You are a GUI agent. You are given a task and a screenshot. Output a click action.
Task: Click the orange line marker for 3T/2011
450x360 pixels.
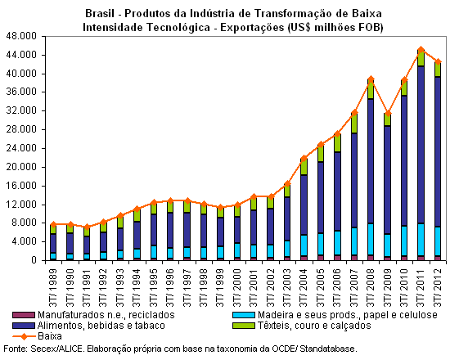421,50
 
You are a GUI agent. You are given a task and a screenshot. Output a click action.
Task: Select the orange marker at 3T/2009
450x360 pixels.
388,113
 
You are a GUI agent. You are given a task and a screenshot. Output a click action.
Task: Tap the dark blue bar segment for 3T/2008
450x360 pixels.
371,161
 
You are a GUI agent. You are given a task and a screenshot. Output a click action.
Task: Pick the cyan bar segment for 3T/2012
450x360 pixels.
438,241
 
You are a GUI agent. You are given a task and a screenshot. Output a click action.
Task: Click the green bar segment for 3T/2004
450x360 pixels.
304,167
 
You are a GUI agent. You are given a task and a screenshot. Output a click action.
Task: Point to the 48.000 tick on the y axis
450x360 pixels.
21,36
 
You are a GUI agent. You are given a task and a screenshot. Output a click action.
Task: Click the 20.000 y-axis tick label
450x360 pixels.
21,167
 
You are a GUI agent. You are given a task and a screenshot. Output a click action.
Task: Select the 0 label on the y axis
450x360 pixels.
34,260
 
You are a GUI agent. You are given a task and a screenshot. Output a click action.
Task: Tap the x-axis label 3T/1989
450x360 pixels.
53,288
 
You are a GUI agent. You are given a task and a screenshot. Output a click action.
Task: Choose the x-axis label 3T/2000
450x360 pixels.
237,288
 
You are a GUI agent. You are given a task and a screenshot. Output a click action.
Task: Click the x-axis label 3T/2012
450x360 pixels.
438,288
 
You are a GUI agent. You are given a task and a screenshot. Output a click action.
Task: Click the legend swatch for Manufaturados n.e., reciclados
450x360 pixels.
23,315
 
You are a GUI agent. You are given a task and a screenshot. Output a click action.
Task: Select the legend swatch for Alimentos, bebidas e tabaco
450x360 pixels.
23,326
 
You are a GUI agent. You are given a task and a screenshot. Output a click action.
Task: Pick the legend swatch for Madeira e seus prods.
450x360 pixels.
244,315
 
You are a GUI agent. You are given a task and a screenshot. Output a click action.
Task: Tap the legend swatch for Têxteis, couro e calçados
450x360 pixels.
244,326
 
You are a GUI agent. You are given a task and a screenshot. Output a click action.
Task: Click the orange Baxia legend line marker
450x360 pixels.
23,336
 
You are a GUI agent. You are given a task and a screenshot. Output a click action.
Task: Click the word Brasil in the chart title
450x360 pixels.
100,13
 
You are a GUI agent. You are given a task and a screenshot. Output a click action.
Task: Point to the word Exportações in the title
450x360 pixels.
252,28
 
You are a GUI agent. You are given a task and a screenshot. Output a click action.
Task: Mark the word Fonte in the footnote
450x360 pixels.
16,349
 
